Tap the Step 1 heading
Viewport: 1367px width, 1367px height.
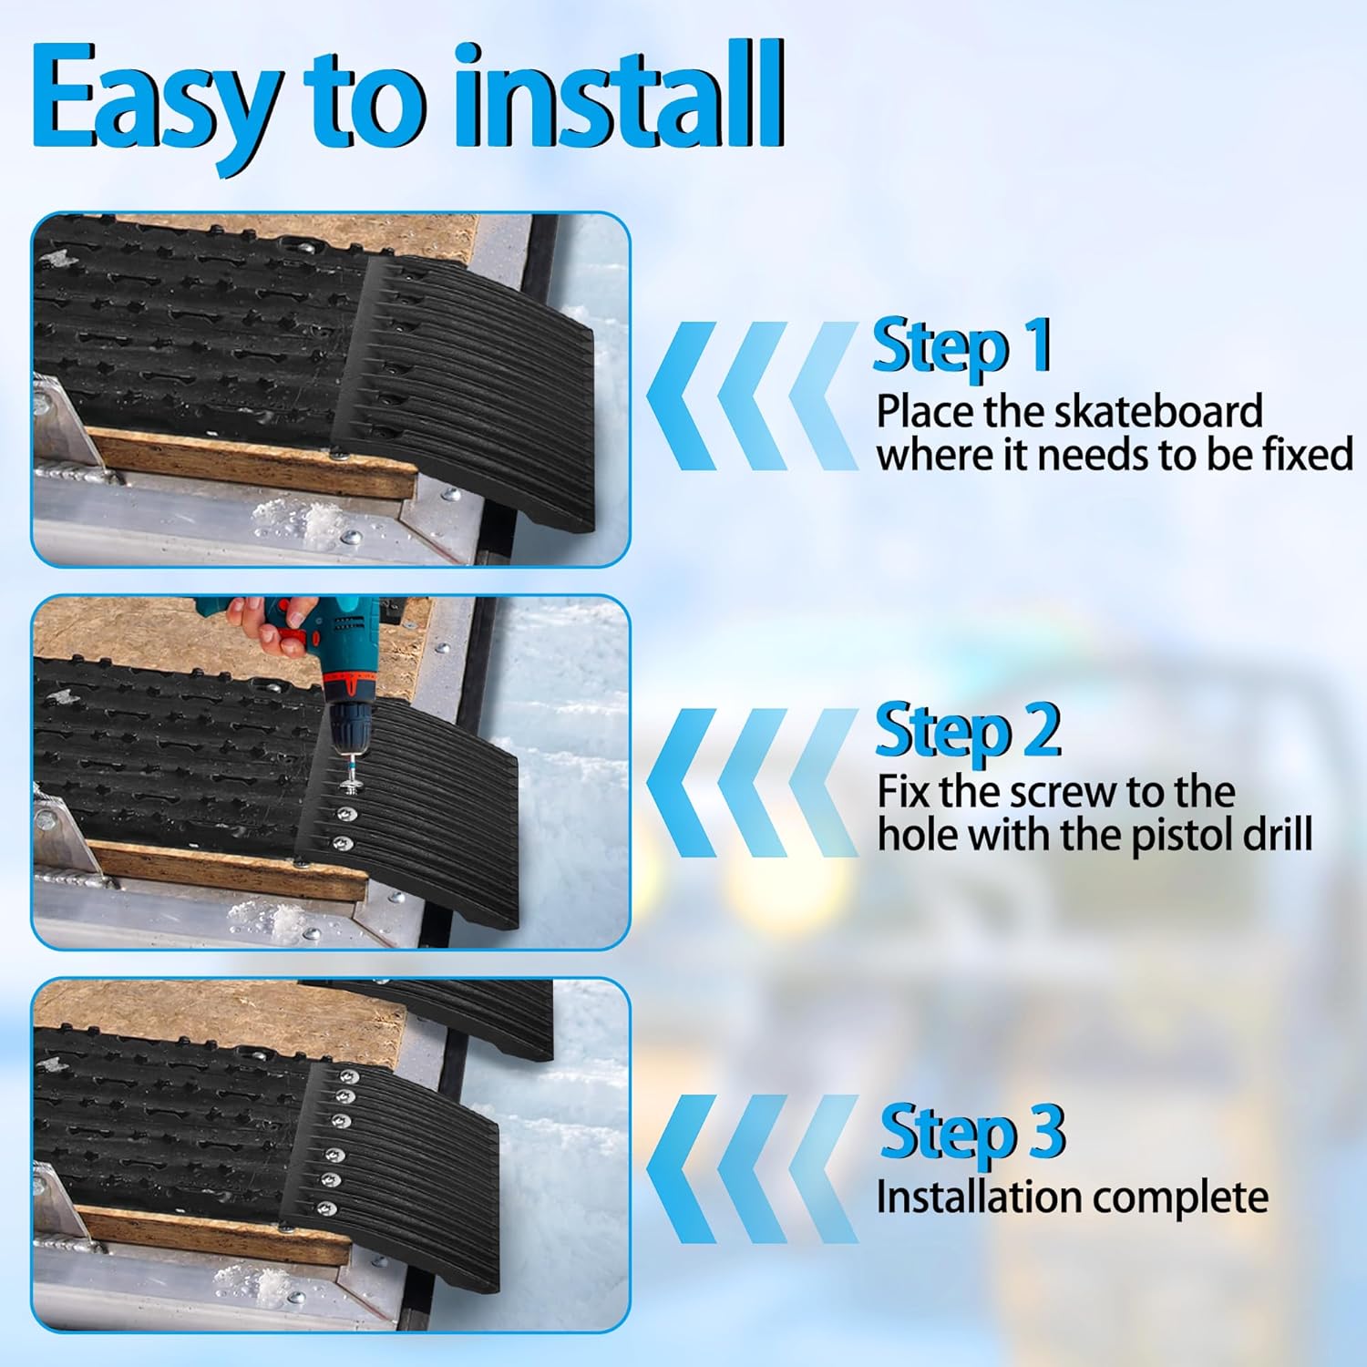pos(961,345)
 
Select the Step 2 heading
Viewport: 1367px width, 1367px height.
pos(968,730)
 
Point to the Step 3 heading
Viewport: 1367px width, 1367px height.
pos(971,1131)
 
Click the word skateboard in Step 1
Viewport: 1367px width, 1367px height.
pos(1158,412)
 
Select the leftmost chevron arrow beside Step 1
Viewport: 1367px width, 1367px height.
pos(680,396)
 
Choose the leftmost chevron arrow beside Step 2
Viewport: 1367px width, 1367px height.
pos(680,782)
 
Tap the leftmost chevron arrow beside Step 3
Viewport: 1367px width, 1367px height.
pos(680,1169)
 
